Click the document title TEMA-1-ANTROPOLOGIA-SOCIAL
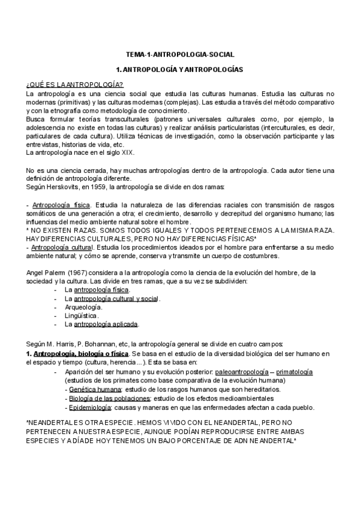coord(180,54)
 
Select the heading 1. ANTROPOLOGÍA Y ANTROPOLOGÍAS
coord(180,70)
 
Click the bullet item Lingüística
coord(82,315)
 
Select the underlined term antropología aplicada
coord(106,324)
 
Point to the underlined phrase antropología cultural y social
coord(116,298)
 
